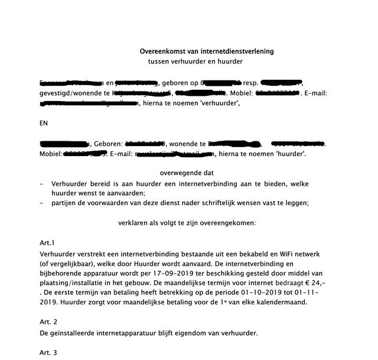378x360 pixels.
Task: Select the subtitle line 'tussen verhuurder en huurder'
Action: [x=195, y=61]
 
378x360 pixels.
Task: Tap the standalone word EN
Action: [x=43, y=124]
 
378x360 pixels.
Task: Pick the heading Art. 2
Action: [x=48, y=322]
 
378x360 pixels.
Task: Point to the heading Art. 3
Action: [x=48, y=352]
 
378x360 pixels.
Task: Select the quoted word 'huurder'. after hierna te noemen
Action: [x=288, y=154]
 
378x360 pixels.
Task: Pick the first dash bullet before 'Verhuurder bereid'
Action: [x=41, y=183]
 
